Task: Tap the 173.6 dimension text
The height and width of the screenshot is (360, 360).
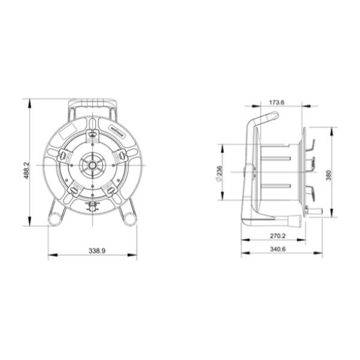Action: click(277, 101)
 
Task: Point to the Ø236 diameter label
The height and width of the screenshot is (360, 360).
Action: click(219, 173)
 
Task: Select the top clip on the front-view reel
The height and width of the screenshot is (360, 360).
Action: click(92, 135)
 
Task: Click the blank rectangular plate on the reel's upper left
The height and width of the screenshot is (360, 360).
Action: click(70, 130)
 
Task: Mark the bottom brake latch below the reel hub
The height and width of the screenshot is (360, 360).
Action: click(92, 207)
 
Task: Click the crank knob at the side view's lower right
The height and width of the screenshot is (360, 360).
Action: click(314, 211)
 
